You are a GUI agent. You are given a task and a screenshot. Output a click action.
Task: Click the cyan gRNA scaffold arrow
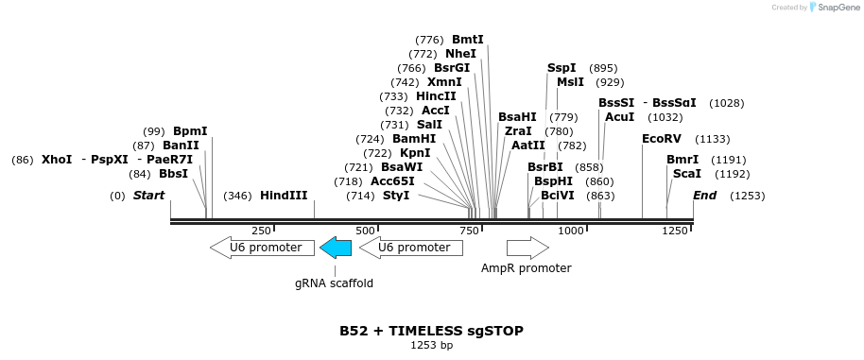[336, 248]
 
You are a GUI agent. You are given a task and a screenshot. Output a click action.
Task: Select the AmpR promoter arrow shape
[527, 248]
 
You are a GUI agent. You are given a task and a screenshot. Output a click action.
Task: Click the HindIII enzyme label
[284, 196]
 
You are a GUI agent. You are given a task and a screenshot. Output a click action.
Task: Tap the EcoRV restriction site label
[661, 139]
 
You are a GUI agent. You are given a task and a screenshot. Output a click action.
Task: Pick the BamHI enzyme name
[414, 139]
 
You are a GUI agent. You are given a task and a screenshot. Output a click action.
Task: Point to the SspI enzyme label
[562, 68]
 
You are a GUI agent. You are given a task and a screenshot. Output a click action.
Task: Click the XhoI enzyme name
[57, 160]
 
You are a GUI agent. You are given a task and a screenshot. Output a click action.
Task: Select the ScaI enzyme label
[686, 174]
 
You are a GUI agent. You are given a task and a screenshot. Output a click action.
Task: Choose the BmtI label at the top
[467, 40]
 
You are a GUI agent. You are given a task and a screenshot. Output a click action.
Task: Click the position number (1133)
[713, 139]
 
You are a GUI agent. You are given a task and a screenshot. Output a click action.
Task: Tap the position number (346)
[237, 196]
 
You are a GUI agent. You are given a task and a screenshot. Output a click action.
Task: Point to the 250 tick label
[261, 231]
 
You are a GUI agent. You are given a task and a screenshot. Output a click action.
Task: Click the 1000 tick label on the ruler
[570, 231]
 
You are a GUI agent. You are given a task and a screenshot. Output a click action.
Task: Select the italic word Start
[148, 196]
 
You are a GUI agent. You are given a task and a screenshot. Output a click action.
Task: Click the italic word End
[704, 196]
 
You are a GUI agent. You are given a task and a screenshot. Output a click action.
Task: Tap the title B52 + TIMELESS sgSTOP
[431, 332]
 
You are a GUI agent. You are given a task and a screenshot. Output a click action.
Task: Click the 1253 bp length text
[431, 346]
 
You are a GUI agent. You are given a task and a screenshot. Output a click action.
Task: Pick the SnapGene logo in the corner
[832, 8]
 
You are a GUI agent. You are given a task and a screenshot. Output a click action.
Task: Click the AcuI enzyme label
[619, 117]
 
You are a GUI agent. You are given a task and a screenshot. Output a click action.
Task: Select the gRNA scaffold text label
[334, 283]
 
